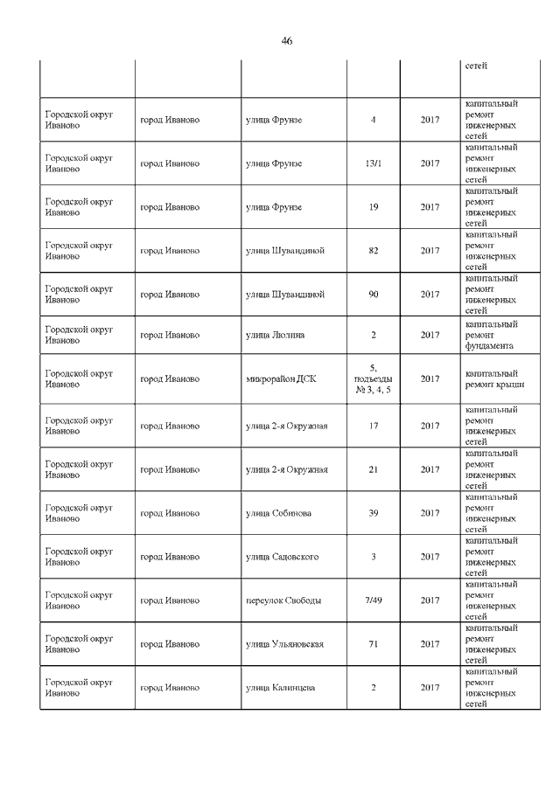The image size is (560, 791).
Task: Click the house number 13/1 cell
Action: point(373,163)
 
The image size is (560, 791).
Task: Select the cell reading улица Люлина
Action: point(274,335)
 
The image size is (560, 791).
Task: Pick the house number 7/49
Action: point(373,600)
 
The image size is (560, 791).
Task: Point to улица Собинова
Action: point(278,513)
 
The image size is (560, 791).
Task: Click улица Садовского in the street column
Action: point(282,557)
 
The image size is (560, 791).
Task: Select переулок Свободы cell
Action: point(283,600)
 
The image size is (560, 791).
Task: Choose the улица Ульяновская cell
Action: point(285,644)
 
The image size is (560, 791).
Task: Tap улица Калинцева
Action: point(281,688)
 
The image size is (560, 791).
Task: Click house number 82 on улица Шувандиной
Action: point(373,251)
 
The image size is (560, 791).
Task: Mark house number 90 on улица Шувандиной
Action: point(373,295)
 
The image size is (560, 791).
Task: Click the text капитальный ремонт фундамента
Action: point(491,335)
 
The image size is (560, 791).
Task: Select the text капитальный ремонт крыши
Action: point(491,379)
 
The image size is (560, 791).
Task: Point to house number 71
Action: point(373,644)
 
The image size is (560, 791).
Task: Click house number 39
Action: point(373,513)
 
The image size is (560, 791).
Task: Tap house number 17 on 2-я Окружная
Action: point(373,426)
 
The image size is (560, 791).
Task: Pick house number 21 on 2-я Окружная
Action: point(373,469)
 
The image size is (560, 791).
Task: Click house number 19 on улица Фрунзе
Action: point(373,207)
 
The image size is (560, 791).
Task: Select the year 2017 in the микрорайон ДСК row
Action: point(430,379)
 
